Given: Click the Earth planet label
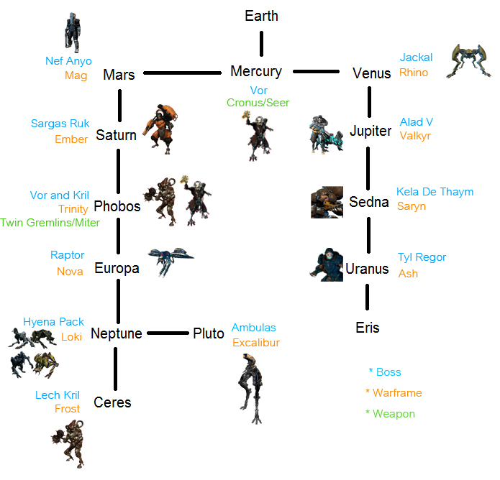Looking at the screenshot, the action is pos(261,16).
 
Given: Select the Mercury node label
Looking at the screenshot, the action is pos(256,71).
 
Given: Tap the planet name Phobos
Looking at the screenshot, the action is pos(117,206).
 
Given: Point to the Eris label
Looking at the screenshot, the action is pos(367,328).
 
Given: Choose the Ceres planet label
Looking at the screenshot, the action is pos(112,402).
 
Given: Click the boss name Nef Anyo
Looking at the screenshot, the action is pos(68,61).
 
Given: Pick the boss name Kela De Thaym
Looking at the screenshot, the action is pos(435,192).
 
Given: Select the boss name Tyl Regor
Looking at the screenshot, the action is pos(422,257).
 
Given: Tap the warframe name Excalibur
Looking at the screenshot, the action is pos(256,343).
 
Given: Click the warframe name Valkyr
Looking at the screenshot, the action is pos(415,137).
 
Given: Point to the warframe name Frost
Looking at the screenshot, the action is pos(68,409).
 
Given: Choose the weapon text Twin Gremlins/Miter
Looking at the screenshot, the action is pos(50,223).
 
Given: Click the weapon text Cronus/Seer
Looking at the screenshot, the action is pos(258,103).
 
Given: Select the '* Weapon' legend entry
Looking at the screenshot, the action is pos(390,414).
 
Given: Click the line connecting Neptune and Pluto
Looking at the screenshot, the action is pos(167,333).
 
